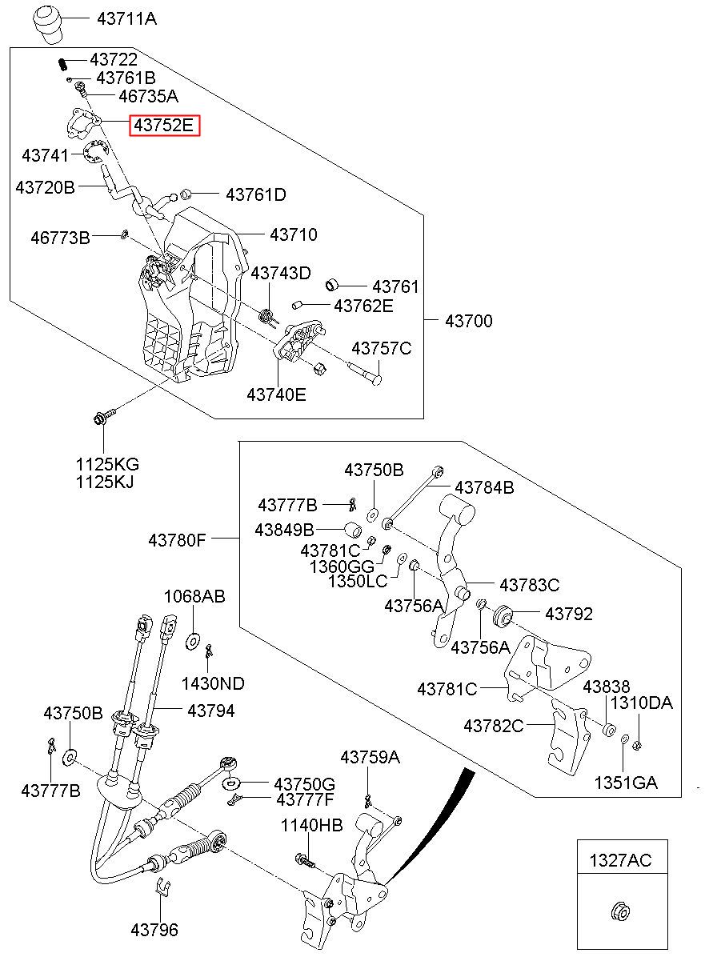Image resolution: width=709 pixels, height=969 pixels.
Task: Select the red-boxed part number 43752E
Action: (x=164, y=126)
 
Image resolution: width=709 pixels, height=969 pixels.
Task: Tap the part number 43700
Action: (x=469, y=321)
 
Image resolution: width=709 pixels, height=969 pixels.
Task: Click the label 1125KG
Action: (x=107, y=464)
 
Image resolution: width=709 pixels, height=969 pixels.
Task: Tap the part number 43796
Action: (x=154, y=930)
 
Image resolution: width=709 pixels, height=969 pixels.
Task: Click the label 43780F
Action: (x=177, y=540)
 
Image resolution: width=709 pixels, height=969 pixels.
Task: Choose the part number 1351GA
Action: (x=625, y=783)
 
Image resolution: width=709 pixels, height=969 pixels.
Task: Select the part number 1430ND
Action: (x=213, y=683)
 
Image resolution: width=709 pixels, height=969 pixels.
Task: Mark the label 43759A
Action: (x=370, y=756)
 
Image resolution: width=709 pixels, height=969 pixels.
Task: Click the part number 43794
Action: (x=211, y=710)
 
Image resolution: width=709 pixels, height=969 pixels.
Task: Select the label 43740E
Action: (x=276, y=394)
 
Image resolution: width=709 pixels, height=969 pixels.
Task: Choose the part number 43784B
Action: (x=484, y=487)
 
